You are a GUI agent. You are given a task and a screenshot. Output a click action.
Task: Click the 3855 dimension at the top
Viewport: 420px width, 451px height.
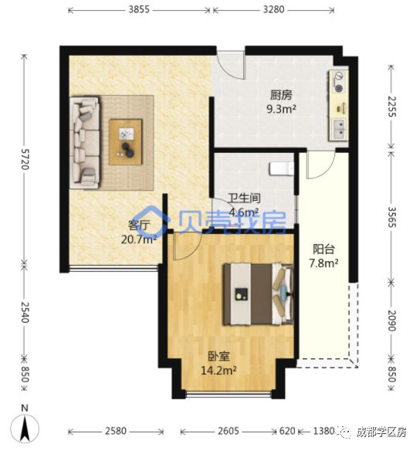pos(139,10)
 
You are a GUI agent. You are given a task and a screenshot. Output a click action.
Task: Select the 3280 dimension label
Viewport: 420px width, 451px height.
pos(273,10)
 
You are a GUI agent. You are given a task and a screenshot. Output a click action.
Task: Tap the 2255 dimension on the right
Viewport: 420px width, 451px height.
pos(393,104)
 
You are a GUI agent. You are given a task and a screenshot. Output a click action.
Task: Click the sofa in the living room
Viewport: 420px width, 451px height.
pos(85,141)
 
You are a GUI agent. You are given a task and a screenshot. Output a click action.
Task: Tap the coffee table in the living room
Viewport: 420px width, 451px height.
pos(126,142)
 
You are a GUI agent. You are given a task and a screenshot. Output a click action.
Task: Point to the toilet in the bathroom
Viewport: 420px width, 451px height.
pos(281,168)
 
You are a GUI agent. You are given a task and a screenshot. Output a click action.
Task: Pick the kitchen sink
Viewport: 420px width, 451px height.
pos(339,127)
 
